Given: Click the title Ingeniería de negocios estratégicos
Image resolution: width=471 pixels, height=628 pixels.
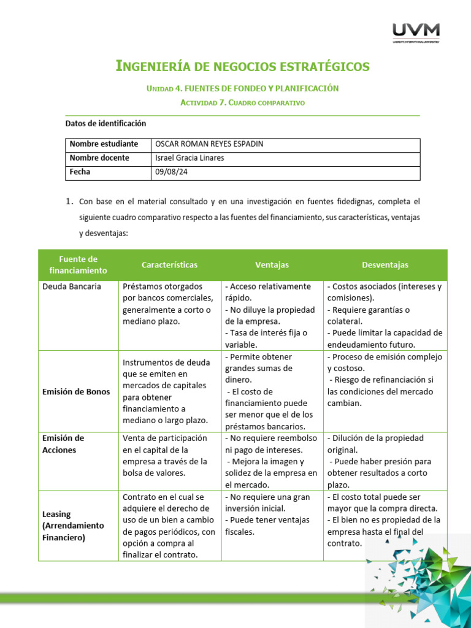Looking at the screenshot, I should pos(242,66).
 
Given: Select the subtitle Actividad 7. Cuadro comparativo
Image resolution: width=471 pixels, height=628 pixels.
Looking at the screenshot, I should pos(242,103).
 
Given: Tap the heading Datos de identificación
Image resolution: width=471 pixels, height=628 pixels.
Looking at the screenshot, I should pos(105,123).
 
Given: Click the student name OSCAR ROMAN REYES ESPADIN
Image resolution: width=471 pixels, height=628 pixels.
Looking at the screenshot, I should pos(209,144).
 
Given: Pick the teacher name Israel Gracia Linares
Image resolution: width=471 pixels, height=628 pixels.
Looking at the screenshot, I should pos(190,158).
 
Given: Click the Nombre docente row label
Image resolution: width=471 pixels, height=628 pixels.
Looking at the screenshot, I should pos(99,158).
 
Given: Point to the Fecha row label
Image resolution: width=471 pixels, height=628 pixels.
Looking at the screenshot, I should pos(80,172).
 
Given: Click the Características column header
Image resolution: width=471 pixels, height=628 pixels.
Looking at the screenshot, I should pos(169,265).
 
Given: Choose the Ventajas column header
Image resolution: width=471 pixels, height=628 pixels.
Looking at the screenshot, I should pos(272,265).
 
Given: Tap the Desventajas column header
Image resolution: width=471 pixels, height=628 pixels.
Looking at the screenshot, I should pos(385,265).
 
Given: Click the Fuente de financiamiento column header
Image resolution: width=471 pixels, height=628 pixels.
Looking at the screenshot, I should pos(78,265).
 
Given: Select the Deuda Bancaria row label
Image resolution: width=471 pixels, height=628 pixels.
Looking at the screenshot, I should pos(72,286).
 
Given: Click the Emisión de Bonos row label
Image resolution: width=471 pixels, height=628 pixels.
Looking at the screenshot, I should pos(76,392).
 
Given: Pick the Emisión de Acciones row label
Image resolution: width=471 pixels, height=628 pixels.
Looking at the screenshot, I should pos(63,444).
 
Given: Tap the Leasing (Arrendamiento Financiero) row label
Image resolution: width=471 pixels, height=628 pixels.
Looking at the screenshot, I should pos(73,526).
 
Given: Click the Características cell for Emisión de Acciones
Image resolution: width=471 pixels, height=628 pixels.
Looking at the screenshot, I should pos(165,456).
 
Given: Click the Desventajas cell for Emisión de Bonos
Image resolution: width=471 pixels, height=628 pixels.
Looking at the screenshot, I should pos(385,380).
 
